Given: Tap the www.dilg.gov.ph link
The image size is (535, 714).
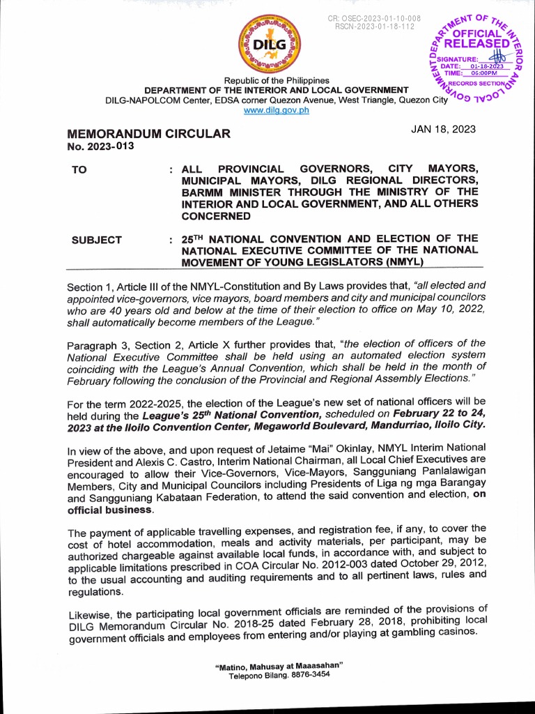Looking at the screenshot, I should pyautogui.click(x=276, y=112).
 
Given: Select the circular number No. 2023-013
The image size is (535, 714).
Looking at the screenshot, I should pyautogui.click(x=100, y=146).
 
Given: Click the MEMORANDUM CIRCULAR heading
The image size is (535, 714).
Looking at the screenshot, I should pyautogui.click(x=148, y=133).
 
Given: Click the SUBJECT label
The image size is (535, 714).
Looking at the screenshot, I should pyautogui.click(x=97, y=240).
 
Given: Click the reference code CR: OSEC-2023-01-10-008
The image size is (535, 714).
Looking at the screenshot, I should pyautogui.click(x=374, y=17).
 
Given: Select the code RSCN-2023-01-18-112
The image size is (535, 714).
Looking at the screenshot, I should pyautogui.click(x=374, y=26).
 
